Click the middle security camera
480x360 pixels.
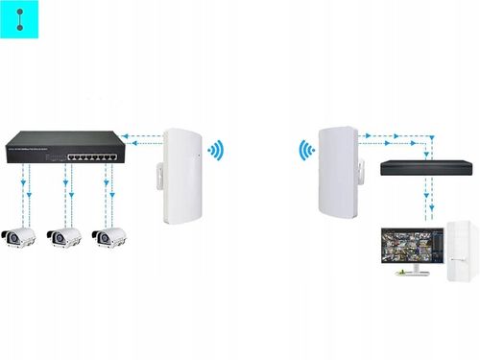tap(63, 237)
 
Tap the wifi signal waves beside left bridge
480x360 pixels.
tap(218, 151)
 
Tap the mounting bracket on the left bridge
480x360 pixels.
tap(153, 176)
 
